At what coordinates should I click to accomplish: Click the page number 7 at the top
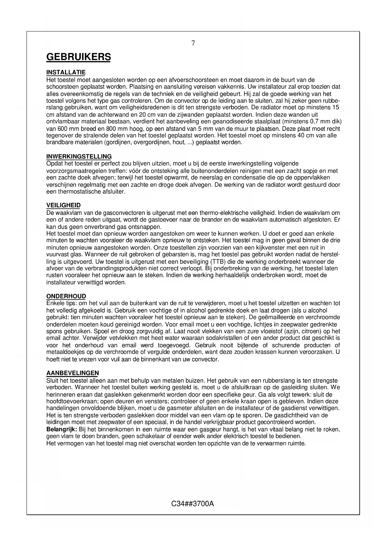tap(193, 43)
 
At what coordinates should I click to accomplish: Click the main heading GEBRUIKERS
tap(78, 57)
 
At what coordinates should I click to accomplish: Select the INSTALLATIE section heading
tap(66, 73)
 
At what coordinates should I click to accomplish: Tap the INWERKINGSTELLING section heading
tap(79, 156)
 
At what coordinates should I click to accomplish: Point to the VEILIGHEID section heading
tap(63, 205)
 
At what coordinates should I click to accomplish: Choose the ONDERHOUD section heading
tap(66, 296)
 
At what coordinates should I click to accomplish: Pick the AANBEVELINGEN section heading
tap(72, 373)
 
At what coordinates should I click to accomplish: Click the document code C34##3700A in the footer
tap(193, 503)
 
